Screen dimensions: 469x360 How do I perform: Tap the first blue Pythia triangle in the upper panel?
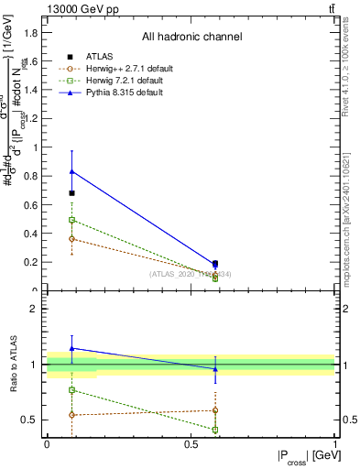point(71,171)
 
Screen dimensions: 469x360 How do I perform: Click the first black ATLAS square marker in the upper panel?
point(71,193)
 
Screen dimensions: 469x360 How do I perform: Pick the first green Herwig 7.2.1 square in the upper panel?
point(71,220)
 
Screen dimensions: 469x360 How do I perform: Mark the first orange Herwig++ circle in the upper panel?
point(71,239)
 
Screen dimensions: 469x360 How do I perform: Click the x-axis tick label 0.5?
point(190,443)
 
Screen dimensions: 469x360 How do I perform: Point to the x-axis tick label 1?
point(335,443)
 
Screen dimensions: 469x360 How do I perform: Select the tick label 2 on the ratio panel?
point(33,310)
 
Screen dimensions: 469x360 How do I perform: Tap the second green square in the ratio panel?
point(215,430)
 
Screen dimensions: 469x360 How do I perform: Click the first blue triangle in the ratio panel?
point(71,348)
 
